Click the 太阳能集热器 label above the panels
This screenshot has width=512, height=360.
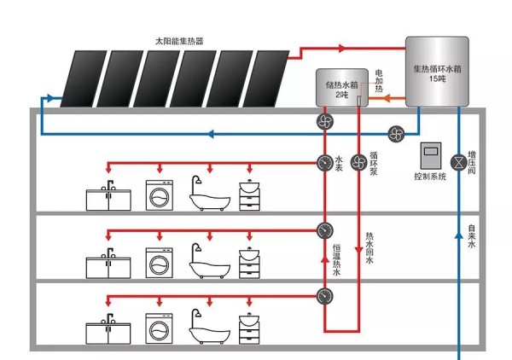tap(179, 41)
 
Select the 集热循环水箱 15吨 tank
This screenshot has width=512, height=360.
tap(437, 72)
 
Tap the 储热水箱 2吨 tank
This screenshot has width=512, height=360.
tap(342, 88)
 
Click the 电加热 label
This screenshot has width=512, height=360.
tap(379, 81)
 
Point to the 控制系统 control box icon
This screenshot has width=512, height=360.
tap(431, 155)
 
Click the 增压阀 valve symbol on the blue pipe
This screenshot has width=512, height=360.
tap(459, 162)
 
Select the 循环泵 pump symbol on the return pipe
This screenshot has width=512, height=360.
tap(359, 162)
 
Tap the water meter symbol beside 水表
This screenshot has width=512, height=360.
tap(325, 162)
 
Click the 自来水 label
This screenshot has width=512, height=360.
tap(472, 236)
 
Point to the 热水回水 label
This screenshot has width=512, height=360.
tap(369, 248)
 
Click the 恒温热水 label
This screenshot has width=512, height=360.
tap(337, 260)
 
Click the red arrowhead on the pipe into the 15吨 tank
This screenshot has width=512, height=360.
tap(342, 49)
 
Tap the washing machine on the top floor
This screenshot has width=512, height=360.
tap(160, 195)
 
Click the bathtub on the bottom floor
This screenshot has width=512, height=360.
tap(210, 327)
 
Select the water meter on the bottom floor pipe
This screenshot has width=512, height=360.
tap(325, 296)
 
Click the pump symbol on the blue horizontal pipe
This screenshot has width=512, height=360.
tap(397, 134)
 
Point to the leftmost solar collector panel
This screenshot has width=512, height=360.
tap(84, 78)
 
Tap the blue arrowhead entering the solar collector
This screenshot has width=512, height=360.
tap(49, 98)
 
